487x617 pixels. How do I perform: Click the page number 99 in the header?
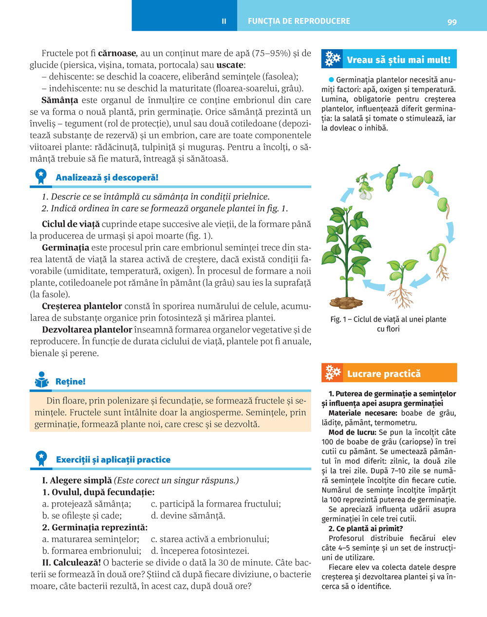point(452,21)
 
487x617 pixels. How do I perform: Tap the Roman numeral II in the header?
point(224,21)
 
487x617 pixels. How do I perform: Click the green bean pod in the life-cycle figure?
point(393,178)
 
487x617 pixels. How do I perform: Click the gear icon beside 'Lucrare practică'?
point(333,373)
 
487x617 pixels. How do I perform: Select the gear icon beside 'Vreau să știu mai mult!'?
point(333,59)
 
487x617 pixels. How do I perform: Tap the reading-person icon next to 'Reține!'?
point(42,380)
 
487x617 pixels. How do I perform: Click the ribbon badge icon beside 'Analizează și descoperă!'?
point(40,177)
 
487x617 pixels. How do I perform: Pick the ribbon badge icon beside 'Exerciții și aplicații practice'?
point(41,458)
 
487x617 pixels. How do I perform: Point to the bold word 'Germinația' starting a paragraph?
point(65,247)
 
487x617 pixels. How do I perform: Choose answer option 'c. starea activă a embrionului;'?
point(210,539)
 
